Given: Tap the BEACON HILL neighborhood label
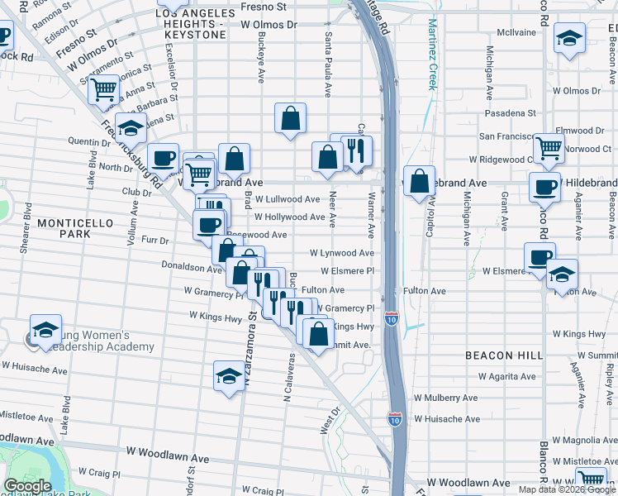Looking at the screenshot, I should coord(504,355).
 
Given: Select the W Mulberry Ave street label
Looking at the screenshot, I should coord(445,398).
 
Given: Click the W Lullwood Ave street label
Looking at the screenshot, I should coord(288,199).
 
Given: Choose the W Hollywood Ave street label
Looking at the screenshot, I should coord(289,217).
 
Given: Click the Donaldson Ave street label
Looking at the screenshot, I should coord(191,269).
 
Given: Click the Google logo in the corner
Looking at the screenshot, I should coord(27,486).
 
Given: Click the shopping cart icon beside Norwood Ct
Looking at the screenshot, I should coord(549,147).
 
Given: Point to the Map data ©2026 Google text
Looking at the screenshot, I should coord(567,489).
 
